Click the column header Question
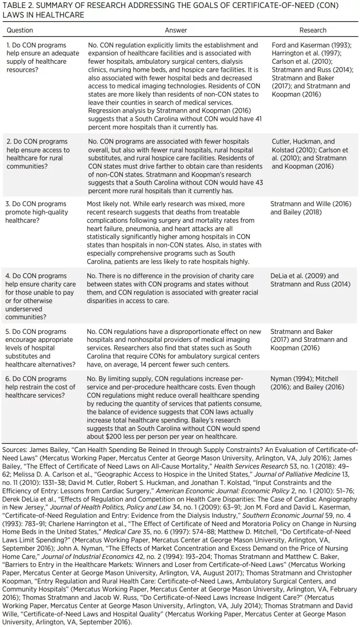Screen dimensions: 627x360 point(20,30)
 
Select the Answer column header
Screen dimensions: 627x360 point(176,30)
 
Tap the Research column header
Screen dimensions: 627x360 point(313,30)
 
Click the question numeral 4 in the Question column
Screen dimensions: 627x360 point(7,276)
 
